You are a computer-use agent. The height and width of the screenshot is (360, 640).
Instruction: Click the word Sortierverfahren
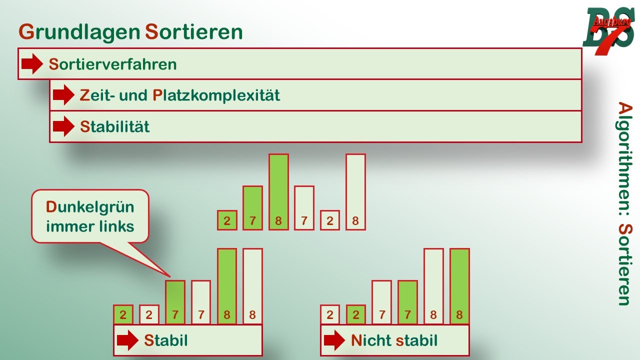(x=112, y=64)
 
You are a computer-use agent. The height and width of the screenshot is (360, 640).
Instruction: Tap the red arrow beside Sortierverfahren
(x=32, y=64)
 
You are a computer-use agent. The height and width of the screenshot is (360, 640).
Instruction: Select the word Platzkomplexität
(x=216, y=95)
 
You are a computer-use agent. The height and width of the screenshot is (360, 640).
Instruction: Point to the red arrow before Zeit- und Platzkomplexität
(x=63, y=95)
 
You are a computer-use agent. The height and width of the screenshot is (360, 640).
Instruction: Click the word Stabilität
(x=114, y=126)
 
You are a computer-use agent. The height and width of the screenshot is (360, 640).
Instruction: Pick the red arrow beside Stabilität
(x=63, y=126)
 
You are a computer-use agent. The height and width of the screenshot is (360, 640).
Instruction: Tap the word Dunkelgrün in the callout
(x=90, y=207)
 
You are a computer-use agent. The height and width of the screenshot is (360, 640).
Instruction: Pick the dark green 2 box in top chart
(x=227, y=220)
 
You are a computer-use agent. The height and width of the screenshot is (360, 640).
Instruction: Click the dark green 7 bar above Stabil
(x=175, y=302)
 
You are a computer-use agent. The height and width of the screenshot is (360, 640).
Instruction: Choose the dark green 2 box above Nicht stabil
(x=355, y=315)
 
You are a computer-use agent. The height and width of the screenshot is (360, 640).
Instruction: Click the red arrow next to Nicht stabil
(x=334, y=341)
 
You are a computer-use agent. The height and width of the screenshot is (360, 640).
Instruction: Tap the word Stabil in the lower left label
(x=166, y=341)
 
